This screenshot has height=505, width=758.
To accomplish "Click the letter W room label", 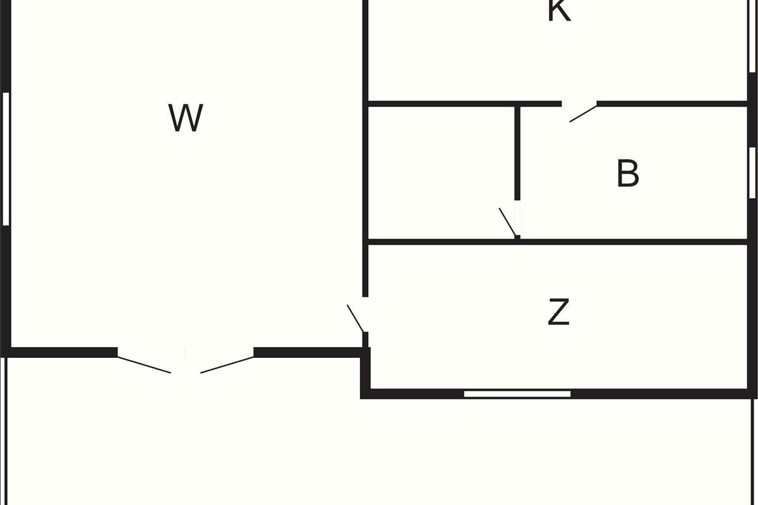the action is [186, 117].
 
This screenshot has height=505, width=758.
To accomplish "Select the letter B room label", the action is [628, 173].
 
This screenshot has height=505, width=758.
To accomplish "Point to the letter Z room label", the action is [558, 312].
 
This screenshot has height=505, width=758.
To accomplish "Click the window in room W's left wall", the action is [6, 158].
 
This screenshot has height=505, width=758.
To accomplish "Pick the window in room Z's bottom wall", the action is [517, 394].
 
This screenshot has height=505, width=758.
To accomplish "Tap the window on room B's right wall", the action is [752, 172].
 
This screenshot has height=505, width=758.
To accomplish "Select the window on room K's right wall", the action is [752, 36].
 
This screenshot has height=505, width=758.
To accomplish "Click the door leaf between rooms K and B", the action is [583, 114].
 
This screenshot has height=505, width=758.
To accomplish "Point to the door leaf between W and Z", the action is [356, 318].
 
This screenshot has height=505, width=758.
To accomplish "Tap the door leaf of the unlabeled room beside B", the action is [507, 222].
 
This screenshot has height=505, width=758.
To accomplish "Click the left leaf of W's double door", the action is [144, 365].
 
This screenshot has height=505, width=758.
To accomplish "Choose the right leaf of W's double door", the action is [227, 365].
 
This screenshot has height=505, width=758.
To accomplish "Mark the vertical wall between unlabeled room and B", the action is [517, 153].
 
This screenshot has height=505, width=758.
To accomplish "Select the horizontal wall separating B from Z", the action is [557, 242].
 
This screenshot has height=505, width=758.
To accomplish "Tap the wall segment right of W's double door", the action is [308, 352].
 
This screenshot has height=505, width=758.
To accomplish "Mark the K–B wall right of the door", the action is [672, 104].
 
